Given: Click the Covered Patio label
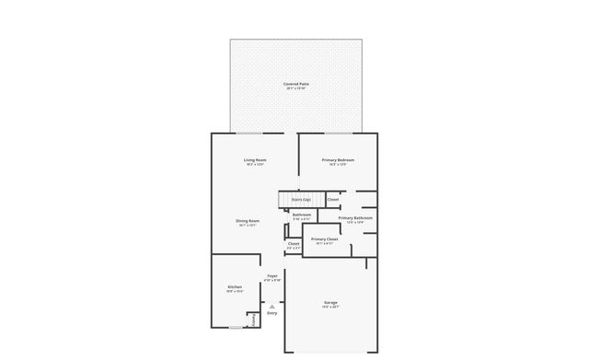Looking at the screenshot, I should tap(296, 84).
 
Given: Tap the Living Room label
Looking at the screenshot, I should tap(255, 160).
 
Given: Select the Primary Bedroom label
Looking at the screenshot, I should tap(338, 160).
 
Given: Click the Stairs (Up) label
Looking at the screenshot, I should tap(301, 199).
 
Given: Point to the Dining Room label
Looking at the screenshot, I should tap(248, 221).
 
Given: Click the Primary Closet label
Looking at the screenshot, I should tap(325, 239).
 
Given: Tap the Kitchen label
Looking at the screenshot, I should tap(235, 287).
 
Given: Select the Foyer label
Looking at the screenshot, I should tap(272, 275).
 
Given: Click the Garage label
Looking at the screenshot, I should tap(330, 302).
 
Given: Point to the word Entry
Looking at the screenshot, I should tap(272, 314).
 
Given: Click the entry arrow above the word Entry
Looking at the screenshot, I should tap(272, 306).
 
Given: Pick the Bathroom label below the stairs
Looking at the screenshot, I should tap(302, 215).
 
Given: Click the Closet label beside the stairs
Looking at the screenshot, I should tap(333, 200).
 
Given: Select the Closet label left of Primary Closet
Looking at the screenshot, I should tap(294, 244).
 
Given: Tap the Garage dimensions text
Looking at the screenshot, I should tap(330, 308).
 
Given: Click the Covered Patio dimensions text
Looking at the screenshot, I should tap(296, 88).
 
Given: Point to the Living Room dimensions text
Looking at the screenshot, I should tap(255, 165).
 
